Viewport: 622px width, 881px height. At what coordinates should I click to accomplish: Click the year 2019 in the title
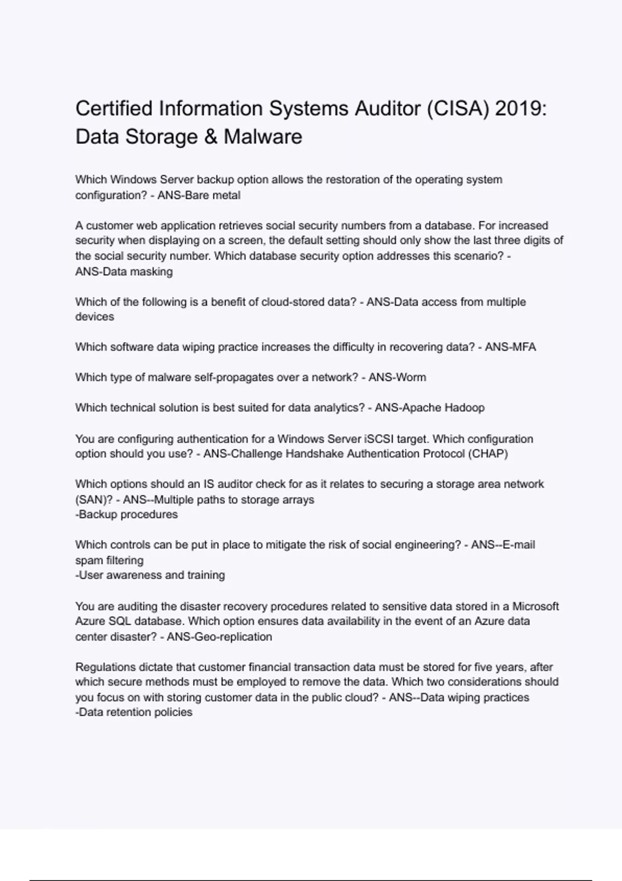(520, 109)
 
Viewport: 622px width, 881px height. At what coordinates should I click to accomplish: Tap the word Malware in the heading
(263, 137)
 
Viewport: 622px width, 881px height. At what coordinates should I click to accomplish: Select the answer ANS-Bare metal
(199, 195)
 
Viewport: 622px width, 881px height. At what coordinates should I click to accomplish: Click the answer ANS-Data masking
(124, 272)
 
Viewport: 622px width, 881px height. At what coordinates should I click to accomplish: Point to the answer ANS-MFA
(510, 347)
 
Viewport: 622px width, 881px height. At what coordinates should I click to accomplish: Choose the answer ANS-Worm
(398, 377)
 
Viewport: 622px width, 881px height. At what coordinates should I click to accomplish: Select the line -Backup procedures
(126, 515)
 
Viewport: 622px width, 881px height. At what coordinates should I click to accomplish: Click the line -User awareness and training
(150, 575)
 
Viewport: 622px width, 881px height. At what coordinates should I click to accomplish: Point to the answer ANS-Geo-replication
(219, 637)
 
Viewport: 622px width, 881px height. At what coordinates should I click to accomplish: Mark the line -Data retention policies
(134, 713)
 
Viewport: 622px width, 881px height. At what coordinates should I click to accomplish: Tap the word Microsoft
(535, 606)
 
